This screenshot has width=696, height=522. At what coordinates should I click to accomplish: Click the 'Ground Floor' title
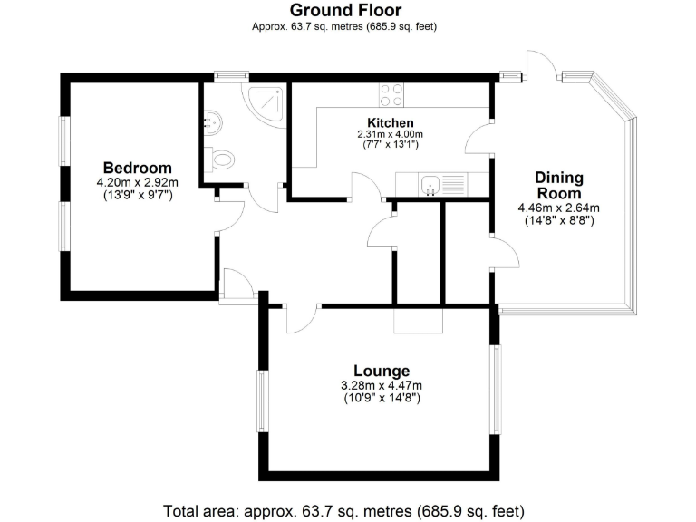click(x=344, y=10)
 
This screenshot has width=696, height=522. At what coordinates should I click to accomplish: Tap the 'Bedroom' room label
click(x=137, y=168)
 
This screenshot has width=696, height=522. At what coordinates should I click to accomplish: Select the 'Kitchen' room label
click(x=390, y=122)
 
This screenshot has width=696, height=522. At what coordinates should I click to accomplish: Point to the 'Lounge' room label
click(x=381, y=371)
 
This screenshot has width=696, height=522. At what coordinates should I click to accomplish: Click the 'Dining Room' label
click(x=558, y=185)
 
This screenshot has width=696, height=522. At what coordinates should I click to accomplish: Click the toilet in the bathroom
click(x=219, y=160)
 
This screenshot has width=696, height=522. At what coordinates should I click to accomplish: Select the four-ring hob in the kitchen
click(x=391, y=94)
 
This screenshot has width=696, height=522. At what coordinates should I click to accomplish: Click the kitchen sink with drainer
click(x=442, y=185)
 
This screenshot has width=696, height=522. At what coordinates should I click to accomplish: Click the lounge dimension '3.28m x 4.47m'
click(x=381, y=385)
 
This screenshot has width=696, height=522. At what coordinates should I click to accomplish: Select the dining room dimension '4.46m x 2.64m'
click(x=558, y=208)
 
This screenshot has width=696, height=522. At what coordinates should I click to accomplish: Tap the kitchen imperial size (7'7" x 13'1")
click(x=390, y=145)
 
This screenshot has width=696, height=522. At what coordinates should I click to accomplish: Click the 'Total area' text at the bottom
click(x=343, y=509)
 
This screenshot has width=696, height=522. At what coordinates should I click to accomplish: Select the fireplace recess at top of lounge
click(x=416, y=321)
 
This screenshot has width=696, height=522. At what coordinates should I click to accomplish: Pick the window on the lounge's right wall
click(x=495, y=390)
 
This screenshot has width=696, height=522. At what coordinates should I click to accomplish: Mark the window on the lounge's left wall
click(x=263, y=401)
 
